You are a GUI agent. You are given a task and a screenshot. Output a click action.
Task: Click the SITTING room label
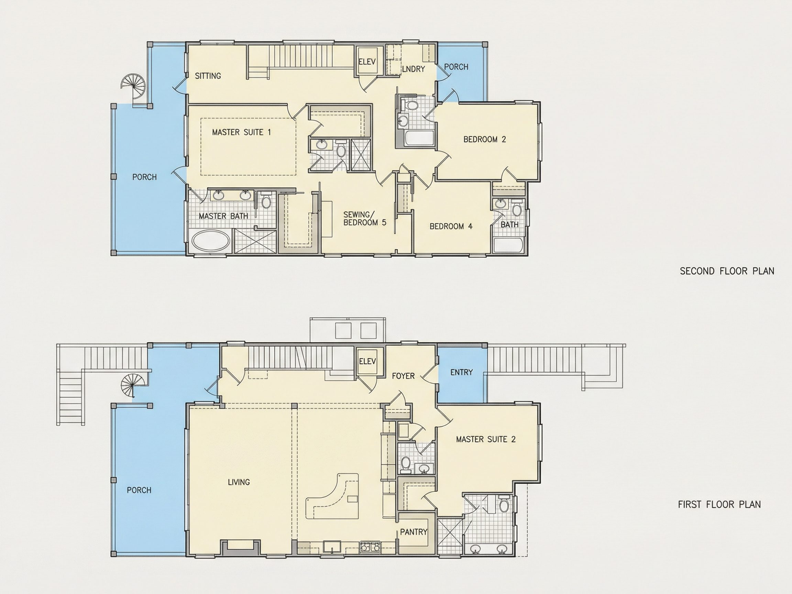[x=208, y=76]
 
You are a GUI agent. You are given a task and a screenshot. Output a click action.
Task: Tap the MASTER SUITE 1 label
[x=241, y=132]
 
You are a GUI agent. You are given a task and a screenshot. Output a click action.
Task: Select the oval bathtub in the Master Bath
[x=211, y=240]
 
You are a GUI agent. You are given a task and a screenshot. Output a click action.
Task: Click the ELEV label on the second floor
[x=367, y=62]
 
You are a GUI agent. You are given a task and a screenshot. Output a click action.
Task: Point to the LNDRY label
[x=413, y=69]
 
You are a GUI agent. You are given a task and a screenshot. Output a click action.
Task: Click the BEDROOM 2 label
[x=485, y=139]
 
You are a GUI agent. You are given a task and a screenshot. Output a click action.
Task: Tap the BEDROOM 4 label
[x=451, y=226]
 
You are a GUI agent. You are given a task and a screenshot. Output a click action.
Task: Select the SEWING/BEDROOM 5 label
[x=365, y=218]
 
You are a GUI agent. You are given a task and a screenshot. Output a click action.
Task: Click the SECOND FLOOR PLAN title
[x=727, y=271]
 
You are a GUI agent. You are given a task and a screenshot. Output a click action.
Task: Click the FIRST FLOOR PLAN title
[x=719, y=505]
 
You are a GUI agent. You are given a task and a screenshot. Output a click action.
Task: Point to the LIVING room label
[x=239, y=482]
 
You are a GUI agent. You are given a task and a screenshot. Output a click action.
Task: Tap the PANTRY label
[x=414, y=532]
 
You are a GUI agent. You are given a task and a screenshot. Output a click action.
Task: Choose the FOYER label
[x=403, y=376]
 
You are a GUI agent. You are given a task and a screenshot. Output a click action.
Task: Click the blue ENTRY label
[x=462, y=372]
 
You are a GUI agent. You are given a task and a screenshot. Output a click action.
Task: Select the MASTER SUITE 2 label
[x=486, y=439]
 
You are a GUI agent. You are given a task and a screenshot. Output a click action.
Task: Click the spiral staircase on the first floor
[x=133, y=385]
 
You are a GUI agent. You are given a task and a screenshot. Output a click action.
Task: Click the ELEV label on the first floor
[x=367, y=361]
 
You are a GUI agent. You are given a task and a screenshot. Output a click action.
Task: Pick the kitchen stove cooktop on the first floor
[x=370, y=547]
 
